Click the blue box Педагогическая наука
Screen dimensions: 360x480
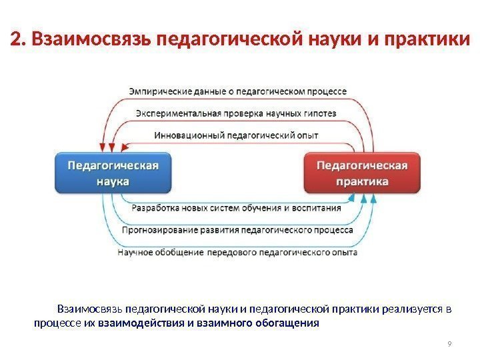112,173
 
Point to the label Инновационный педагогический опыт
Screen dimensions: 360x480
236,135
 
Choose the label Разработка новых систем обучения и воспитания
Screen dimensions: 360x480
237,207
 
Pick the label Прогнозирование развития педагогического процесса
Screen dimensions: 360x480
237,230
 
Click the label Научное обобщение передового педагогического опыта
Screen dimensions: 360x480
237,253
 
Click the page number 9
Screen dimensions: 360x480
450,344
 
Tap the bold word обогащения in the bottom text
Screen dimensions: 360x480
285,324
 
